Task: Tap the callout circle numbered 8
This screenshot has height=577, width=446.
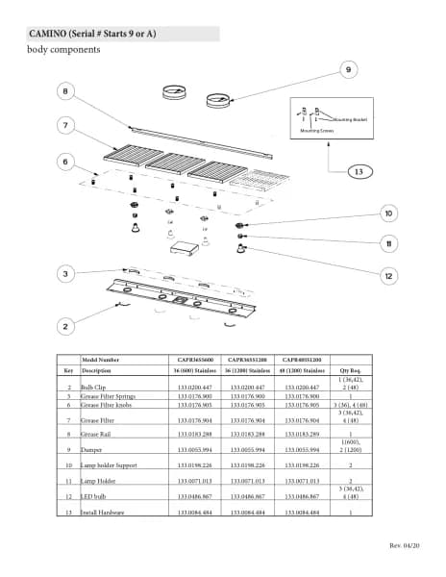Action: pyautogui.click(x=66, y=91)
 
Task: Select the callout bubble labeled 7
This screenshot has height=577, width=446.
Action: pyautogui.click(x=66, y=125)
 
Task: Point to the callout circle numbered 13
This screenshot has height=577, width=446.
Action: pyautogui.click(x=358, y=171)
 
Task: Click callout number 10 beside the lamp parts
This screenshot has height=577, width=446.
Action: pyautogui.click(x=388, y=213)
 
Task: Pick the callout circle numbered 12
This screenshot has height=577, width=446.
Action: pyautogui.click(x=388, y=276)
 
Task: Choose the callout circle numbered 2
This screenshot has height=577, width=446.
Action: pyautogui.click(x=66, y=327)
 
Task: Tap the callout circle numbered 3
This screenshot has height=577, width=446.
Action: pyautogui.click(x=66, y=274)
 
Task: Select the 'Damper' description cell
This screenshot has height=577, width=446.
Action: pyautogui.click(x=92, y=450)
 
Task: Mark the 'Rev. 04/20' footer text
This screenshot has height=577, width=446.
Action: pyautogui.click(x=402, y=546)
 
